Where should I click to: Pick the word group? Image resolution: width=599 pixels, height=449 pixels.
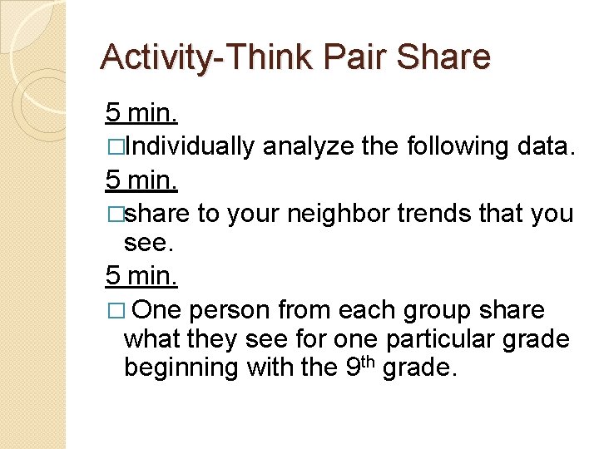click(435, 311)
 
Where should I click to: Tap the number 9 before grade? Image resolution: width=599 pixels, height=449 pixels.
click(352, 367)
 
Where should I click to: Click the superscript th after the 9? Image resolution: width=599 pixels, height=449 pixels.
click(369, 360)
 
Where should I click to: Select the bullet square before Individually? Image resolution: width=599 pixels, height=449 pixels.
click(114, 147)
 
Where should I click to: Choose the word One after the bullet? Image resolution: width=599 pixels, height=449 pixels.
click(156, 311)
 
